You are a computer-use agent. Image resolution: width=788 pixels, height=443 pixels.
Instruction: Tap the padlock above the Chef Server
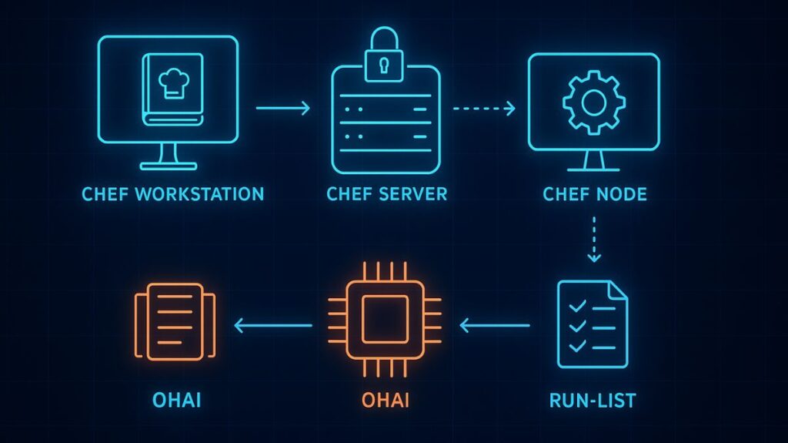pos(382,56)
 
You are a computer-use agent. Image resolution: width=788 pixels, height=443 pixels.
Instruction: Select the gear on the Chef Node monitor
pos(593,101)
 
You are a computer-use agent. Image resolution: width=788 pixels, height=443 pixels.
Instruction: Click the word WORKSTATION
pos(199,193)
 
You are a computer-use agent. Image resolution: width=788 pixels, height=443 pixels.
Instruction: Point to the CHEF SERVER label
pos(386,193)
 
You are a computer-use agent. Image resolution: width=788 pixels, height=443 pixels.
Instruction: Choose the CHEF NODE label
pos(594,193)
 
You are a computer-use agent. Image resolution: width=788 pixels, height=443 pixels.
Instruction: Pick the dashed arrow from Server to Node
pos(484,109)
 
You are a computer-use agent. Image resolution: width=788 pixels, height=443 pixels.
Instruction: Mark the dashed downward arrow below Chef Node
pos(593,239)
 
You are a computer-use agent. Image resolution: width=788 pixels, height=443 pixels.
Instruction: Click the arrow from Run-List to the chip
pos(495,326)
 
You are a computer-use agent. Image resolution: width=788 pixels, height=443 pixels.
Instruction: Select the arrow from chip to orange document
pos(272,326)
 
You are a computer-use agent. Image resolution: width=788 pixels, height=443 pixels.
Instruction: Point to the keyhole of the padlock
pos(382,66)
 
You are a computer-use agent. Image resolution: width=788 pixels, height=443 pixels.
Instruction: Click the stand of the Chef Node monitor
pos(593,163)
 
